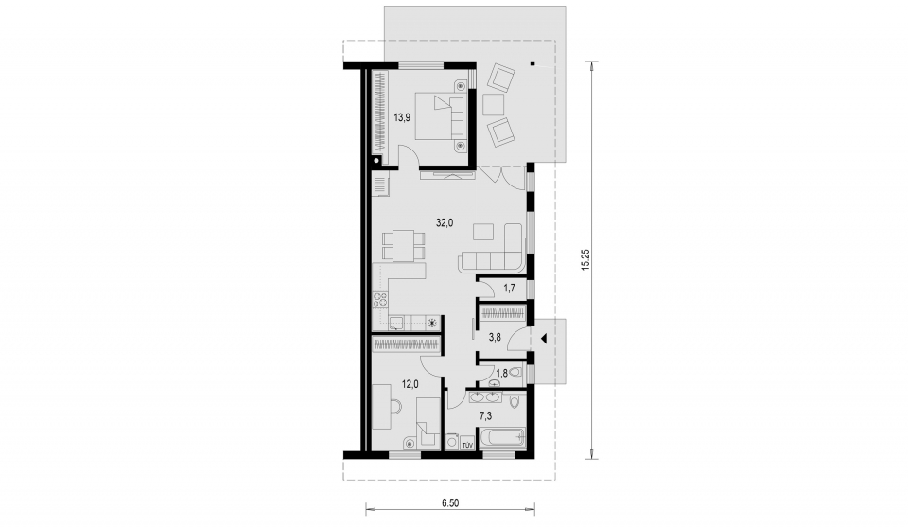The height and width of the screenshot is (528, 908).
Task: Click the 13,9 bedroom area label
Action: pos(402,117)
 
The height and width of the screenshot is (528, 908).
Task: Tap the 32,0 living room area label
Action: pos(445,222)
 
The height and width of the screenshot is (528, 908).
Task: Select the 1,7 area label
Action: pos(510,287)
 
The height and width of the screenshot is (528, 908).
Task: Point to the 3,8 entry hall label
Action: pos(495,337)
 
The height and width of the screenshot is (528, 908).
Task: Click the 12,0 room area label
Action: pos(410,383)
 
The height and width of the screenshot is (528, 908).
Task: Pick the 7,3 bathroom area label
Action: pos(485,415)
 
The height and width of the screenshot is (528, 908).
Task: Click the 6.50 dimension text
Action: pos(450,503)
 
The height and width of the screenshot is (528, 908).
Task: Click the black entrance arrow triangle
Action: pos(544,338)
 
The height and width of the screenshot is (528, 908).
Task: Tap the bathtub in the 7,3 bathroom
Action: pos(501,437)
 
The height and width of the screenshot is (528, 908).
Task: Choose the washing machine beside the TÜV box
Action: pos(453,442)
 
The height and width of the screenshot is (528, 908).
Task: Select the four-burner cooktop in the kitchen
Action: pos(380,300)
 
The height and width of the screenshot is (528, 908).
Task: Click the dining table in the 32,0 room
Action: pos(403,246)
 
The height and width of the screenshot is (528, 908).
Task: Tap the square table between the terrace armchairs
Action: pos(494,104)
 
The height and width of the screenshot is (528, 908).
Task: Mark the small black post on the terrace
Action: pos(533,63)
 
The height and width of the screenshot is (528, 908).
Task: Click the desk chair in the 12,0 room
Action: pos(395,406)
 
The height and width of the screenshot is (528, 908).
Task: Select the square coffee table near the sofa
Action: pos(483,232)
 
